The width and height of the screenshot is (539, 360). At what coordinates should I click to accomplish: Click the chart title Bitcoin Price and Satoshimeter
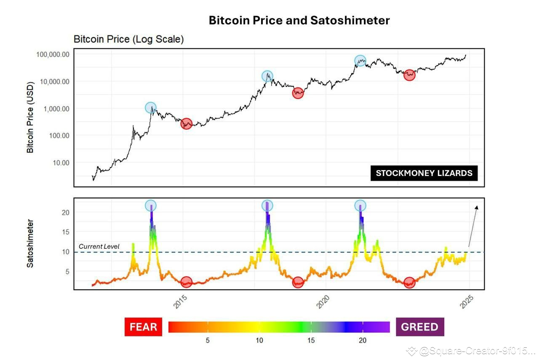pos(299,20)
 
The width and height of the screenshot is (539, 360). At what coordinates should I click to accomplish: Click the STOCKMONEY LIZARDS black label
pos(424,173)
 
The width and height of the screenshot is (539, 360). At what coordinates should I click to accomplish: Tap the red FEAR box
pos(143,327)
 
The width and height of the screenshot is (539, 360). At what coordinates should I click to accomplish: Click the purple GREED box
pos(419,327)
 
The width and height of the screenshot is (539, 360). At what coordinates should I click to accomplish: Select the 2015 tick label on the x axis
pos(180,302)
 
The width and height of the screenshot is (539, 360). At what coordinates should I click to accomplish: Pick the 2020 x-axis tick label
pos(323,302)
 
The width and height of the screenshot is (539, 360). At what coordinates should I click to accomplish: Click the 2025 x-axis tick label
pos(467,302)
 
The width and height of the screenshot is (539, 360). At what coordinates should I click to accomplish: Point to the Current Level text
pos(99,246)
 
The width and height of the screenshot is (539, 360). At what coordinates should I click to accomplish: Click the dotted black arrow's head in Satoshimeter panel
pos(477,207)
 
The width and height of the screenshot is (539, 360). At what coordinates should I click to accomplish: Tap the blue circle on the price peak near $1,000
pos(151,108)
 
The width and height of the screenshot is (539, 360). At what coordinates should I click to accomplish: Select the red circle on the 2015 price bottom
pos(187,124)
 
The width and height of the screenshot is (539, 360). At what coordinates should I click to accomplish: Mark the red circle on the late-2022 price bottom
pos(409,75)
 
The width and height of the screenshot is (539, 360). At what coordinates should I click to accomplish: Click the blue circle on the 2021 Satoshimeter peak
pos(360,205)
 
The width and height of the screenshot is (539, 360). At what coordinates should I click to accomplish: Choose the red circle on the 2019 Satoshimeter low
pos(298,283)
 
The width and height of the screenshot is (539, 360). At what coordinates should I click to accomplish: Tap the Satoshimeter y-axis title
pos(30,243)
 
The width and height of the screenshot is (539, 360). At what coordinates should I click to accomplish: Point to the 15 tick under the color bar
pos(311,340)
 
